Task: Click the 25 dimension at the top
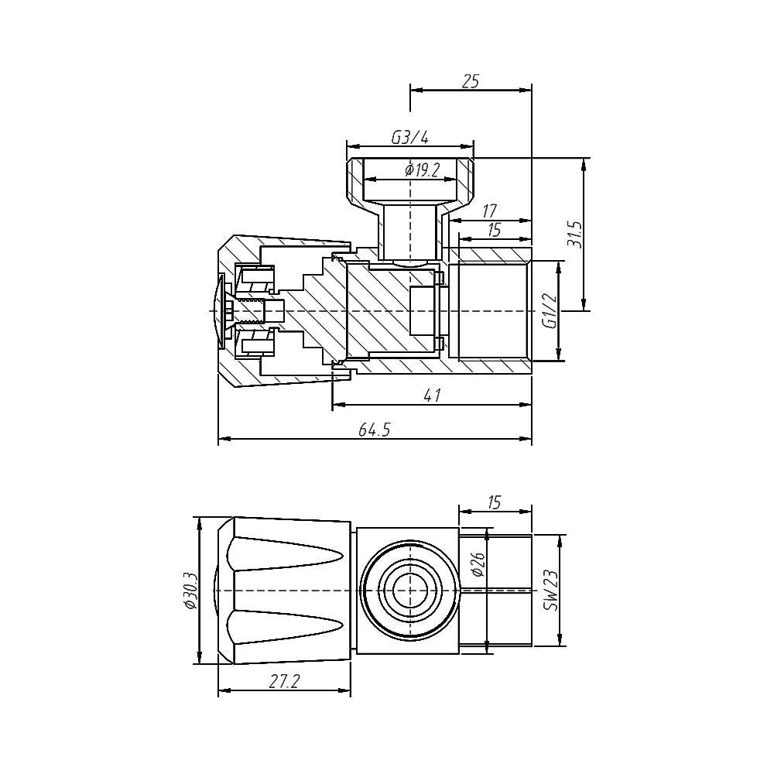point(471,80)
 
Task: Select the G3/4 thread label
point(409,137)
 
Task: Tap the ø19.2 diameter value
point(422,170)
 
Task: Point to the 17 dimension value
point(489,210)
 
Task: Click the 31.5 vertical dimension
point(574,233)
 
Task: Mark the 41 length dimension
point(432,395)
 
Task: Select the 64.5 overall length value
point(375,430)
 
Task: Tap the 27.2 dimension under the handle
point(286,681)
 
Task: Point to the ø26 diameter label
point(478,565)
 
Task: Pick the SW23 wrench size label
point(551,591)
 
